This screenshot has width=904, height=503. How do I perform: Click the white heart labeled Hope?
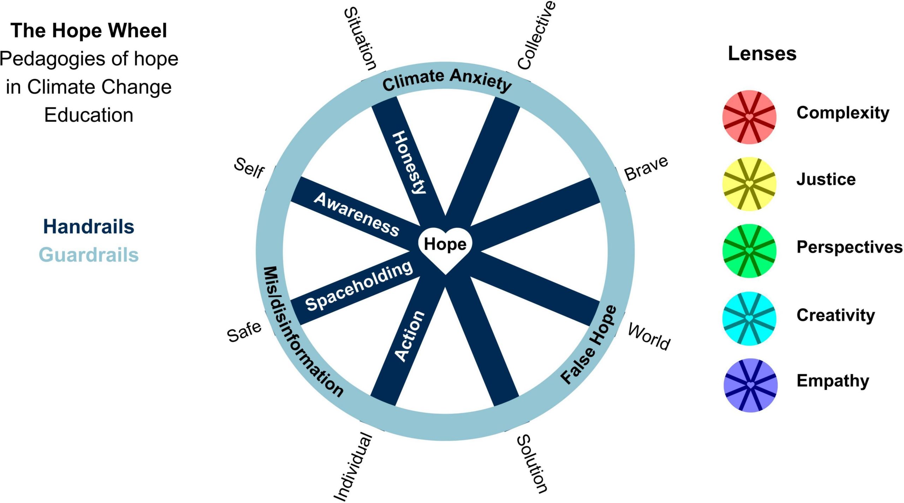click(x=445, y=247)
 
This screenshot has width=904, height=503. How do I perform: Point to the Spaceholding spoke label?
click(x=358, y=286)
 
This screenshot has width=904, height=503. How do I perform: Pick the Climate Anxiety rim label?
click(x=447, y=80)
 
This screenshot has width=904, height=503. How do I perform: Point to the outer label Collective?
click(x=536, y=35)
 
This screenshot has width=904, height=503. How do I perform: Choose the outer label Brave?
click(x=646, y=168)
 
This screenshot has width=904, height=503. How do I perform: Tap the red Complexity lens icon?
click(x=749, y=117)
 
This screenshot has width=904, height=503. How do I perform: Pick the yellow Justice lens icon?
click(x=749, y=184)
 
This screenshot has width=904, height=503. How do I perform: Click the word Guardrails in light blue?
click(x=89, y=255)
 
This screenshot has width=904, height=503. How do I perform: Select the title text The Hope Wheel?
click(x=89, y=30)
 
